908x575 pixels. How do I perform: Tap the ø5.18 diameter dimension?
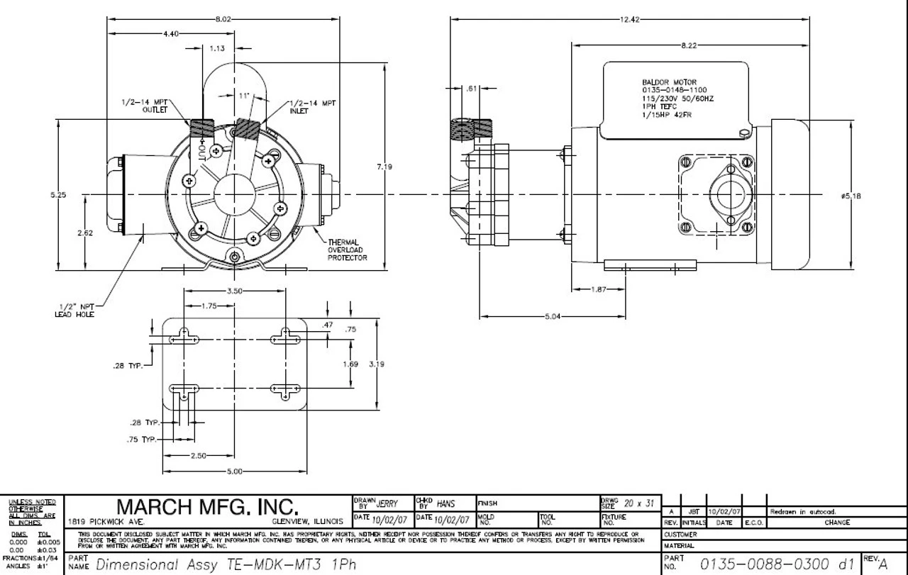tap(851, 196)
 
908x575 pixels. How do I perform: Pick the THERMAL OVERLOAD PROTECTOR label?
tap(347, 250)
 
